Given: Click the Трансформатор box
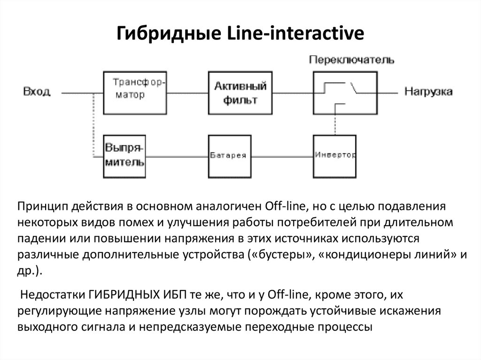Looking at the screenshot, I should pos(135,93).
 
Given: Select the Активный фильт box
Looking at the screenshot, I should pos(240,93).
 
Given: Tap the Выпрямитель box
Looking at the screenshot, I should pos(124,155).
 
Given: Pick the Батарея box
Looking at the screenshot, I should pos(228,155).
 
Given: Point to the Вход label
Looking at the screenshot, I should pos(37,92).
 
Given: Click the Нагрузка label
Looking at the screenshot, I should pos(429,92).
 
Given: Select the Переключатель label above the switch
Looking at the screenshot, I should pos(351,60).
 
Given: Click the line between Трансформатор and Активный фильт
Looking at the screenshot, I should pos(187,93).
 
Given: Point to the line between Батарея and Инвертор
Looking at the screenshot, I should pos(280,155).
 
